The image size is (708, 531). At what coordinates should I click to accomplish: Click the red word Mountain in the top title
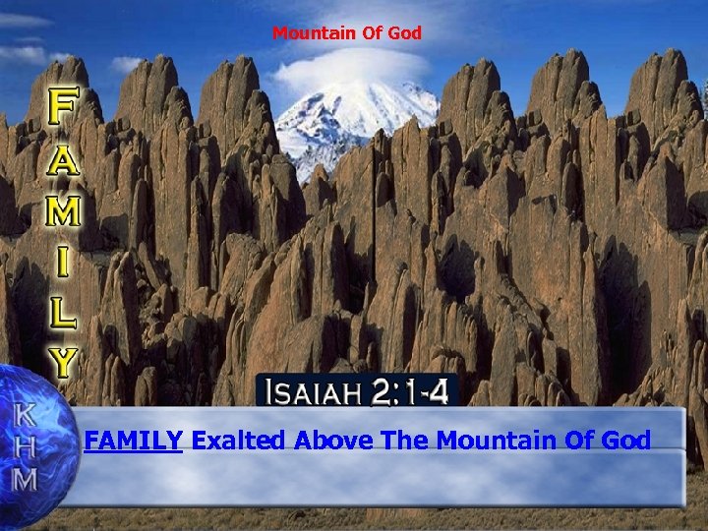click(x=306, y=33)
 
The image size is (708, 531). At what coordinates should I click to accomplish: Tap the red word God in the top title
click(x=404, y=33)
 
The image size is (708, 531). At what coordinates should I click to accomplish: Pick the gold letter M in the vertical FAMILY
click(x=64, y=211)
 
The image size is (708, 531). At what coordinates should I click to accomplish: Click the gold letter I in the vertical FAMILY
click(x=64, y=263)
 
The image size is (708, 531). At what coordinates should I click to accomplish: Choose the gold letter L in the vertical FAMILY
click(x=64, y=314)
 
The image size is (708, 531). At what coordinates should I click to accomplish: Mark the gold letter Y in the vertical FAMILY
click(x=64, y=363)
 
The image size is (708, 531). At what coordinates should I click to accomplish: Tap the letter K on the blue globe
click(x=24, y=414)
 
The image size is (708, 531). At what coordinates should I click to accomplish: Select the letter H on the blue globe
click(x=25, y=447)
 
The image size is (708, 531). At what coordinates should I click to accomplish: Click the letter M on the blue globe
click(x=25, y=481)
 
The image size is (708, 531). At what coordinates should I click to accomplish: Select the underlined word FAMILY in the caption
click(x=134, y=441)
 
